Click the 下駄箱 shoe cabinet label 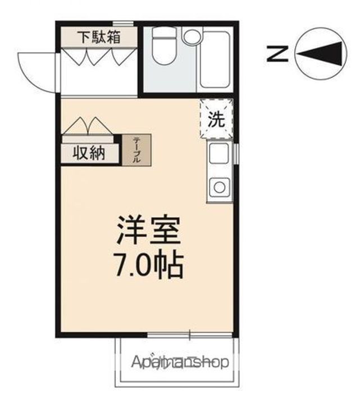click(98, 38)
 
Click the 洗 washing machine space click(216, 118)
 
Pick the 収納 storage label click(89, 153)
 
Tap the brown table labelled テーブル click(136, 150)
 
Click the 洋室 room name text click(148, 230)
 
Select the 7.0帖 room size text click(149, 266)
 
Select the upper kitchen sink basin click(219, 153)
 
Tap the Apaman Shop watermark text click(180, 362)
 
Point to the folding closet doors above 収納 click(87, 126)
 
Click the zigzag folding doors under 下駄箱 click(98, 57)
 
